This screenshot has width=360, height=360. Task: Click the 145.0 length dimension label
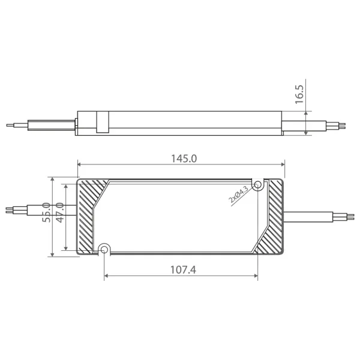tap(184, 158)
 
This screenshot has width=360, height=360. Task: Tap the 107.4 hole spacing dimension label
tap(183, 270)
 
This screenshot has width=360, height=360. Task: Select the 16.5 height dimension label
tap(299, 94)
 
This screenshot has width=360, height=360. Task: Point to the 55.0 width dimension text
tap(46, 212)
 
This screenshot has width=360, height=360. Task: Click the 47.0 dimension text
tap(60, 212)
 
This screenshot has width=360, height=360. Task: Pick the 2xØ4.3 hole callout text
tap(238, 194)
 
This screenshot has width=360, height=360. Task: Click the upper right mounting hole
tap(258, 185)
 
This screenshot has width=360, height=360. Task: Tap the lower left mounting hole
tap(104, 249)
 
